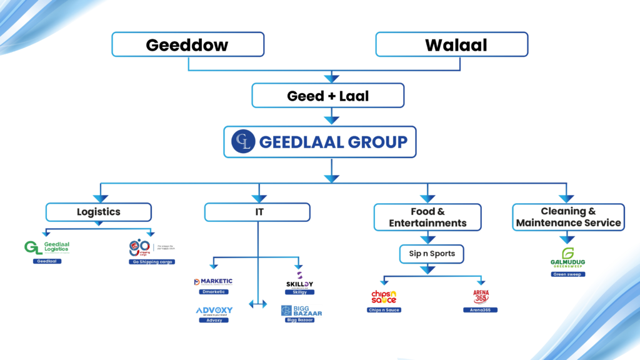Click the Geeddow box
pyautogui.click(x=187, y=45)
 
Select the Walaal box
pyautogui.click(x=452, y=45)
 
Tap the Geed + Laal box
pyautogui.click(x=327, y=96)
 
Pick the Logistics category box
pyautogui.click(x=98, y=212)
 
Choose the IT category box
pyautogui.click(x=257, y=212)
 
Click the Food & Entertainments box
pyautogui.click(x=427, y=217)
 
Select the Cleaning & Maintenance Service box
pyautogui.click(x=568, y=217)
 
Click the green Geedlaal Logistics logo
pyautogui.click(x=47, y=248)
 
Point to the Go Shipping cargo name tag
pyautogui.click(x=149, y=262)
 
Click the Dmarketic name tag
pyautogui.click(x=213, y=292)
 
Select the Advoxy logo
pyautogui.click(x=214, y=311)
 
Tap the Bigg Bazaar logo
pyautogui.click(x=301, y=311)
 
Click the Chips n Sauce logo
pyautogui.click(x=384, y=297)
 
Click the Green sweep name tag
pyautogui.click(x=567, y=274)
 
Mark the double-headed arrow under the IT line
pyautogui.click(x=257, y=304)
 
